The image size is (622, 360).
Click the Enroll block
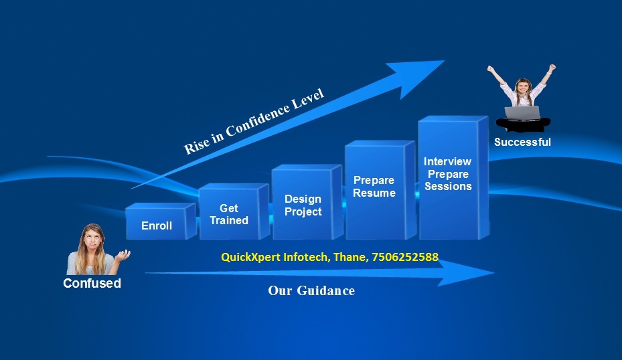161,221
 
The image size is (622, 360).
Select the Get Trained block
234,211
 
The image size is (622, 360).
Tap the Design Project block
307,202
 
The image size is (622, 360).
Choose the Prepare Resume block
380,190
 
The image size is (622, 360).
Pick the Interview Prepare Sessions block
453,178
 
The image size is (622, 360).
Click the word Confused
92,283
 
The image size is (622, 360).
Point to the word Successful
522,142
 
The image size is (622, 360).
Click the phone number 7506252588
405,257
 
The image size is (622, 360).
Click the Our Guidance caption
311,290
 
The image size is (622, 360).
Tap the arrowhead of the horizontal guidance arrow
466,273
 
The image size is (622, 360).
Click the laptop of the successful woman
522,113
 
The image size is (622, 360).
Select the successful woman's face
523,87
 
